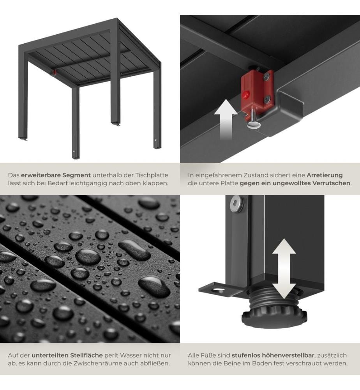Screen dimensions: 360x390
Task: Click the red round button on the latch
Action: click(x=246, y=94)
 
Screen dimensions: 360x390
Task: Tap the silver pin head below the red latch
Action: click(x=254, y=124)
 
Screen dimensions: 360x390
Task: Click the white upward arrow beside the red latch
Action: click(x=226, y=119)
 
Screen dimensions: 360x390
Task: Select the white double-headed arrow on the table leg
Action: click(x=284, y=269)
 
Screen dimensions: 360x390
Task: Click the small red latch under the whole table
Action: click(x=54, y=73)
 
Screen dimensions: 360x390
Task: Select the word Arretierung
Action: click(x=325, y=175)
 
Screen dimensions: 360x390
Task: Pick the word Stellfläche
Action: click(x=86, y=355)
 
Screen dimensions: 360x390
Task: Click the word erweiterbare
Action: click(x=41, y=175)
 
